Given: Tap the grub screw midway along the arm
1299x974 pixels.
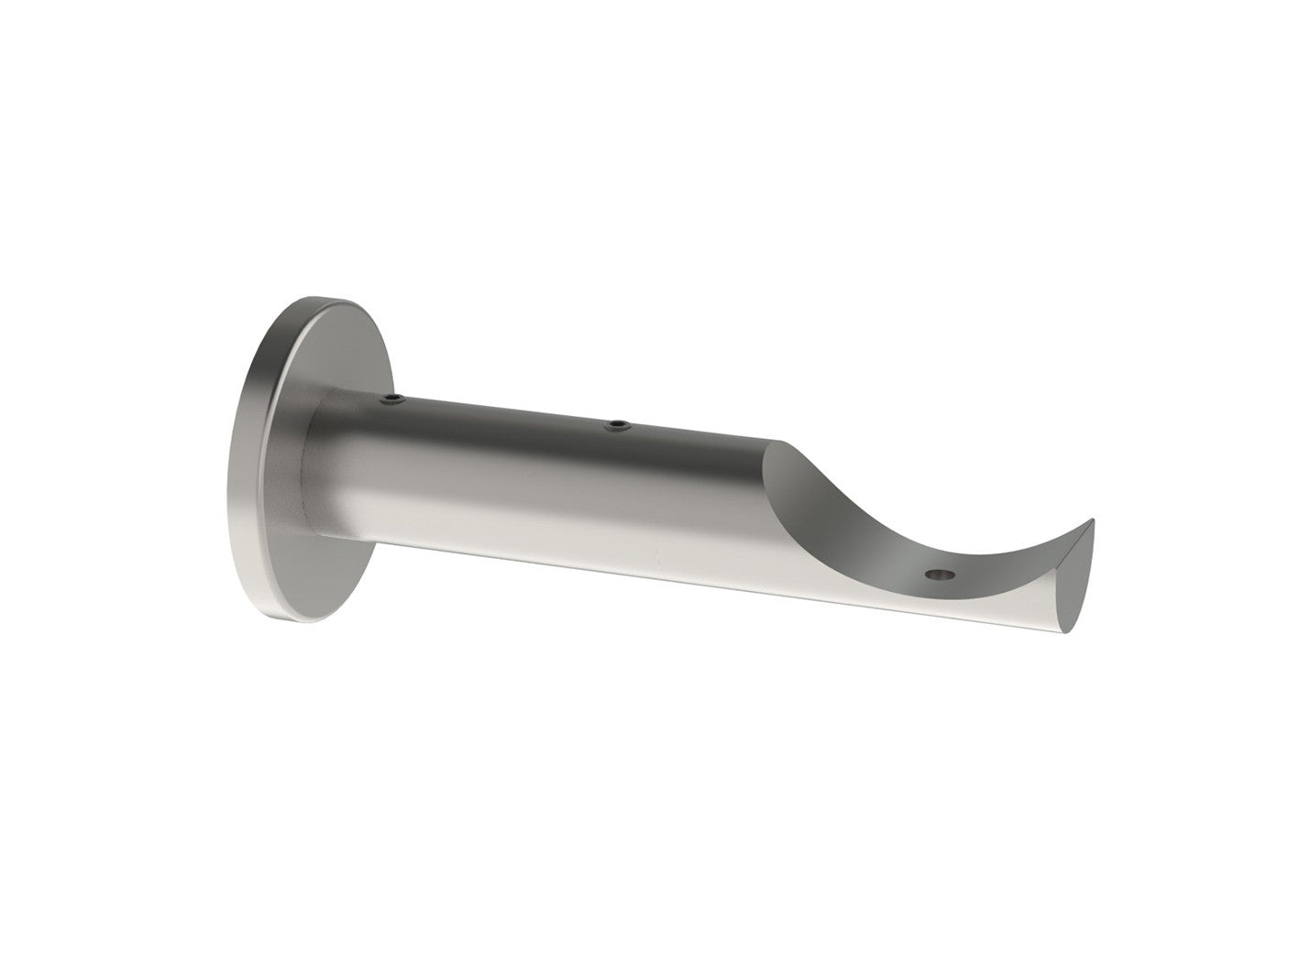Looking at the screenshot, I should (x=619, y=424).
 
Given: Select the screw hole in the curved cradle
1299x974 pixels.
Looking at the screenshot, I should (x=941, y=575).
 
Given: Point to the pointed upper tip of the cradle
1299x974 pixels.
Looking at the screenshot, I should (x=1092, y=523).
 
